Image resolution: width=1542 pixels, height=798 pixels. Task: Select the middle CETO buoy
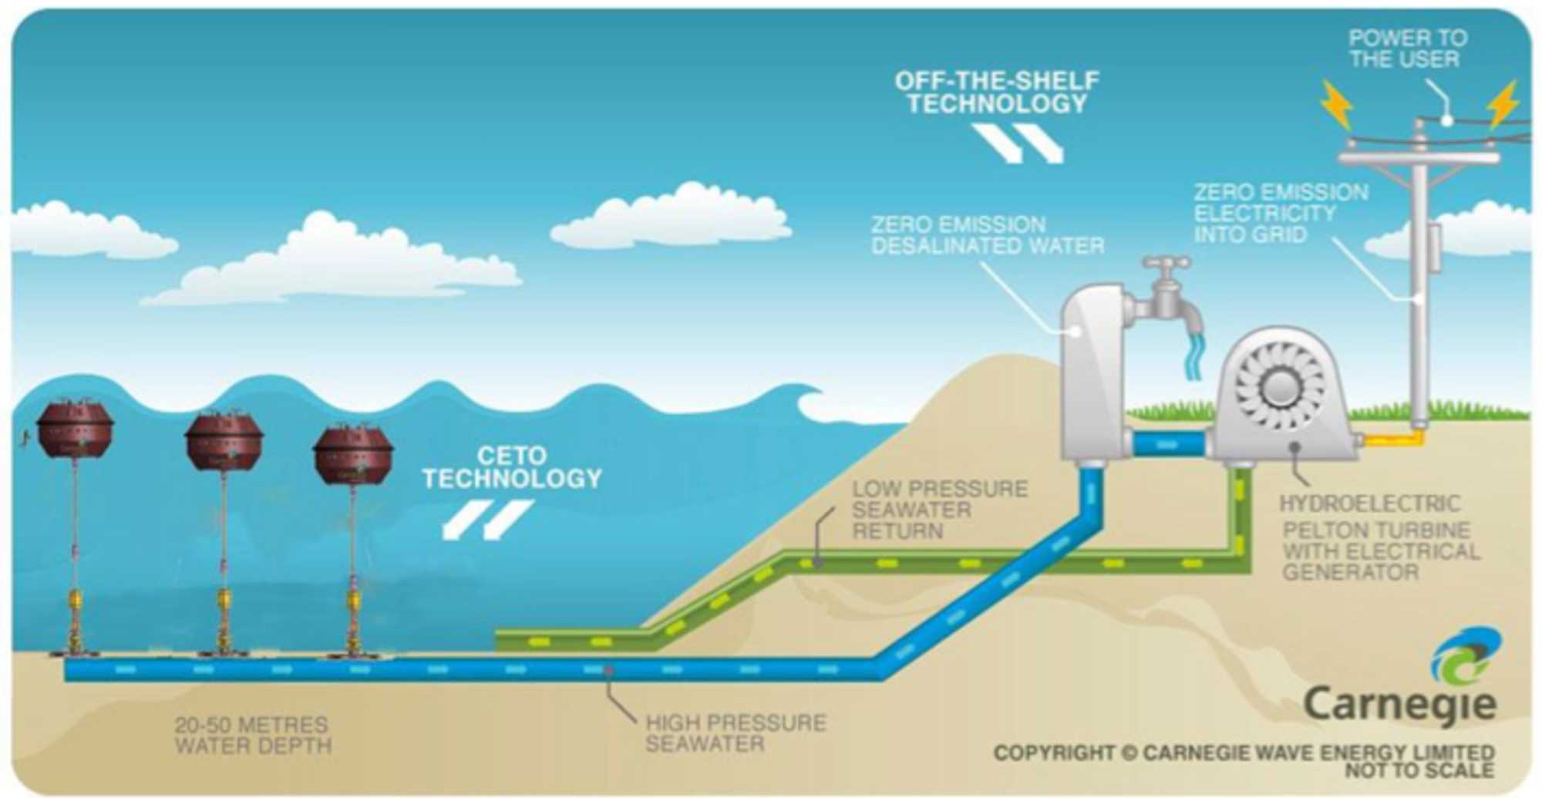pyautogui.click(x=224, y=441)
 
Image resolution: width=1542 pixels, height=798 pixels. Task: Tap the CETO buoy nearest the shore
pyautogui.click(x=353, y=454)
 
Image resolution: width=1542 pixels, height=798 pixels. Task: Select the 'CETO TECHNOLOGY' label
pyautogui.click(x=511, y=467)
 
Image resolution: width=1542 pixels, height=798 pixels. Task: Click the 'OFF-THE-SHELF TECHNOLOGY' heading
pyautogui.click(x=996, y=92)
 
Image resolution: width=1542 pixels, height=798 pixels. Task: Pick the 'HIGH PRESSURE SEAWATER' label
pyautogui.click(x=735, y=733)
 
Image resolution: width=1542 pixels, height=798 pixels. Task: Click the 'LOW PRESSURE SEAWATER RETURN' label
pyautogui.click(x=939, y=510)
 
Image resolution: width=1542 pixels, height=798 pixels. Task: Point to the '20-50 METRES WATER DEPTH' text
pyautogui.click(x=252, y=736)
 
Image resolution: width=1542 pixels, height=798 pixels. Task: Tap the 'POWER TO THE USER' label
pyautogui.click(x=1407, y=49)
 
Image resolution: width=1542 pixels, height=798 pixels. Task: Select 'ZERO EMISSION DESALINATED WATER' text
pyautogui.click(x=987, y=235)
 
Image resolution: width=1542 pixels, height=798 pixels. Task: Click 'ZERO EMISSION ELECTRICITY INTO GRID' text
pyautogui.click(x=1281, y=213)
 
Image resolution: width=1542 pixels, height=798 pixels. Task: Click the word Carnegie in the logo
pyautogui.click(x=1399, y=704)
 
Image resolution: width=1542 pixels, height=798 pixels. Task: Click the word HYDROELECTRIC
pyautogui.click(x=1369, y=503)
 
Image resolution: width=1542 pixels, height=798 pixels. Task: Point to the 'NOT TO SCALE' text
pyautogui.click(x=1419, y=769)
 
